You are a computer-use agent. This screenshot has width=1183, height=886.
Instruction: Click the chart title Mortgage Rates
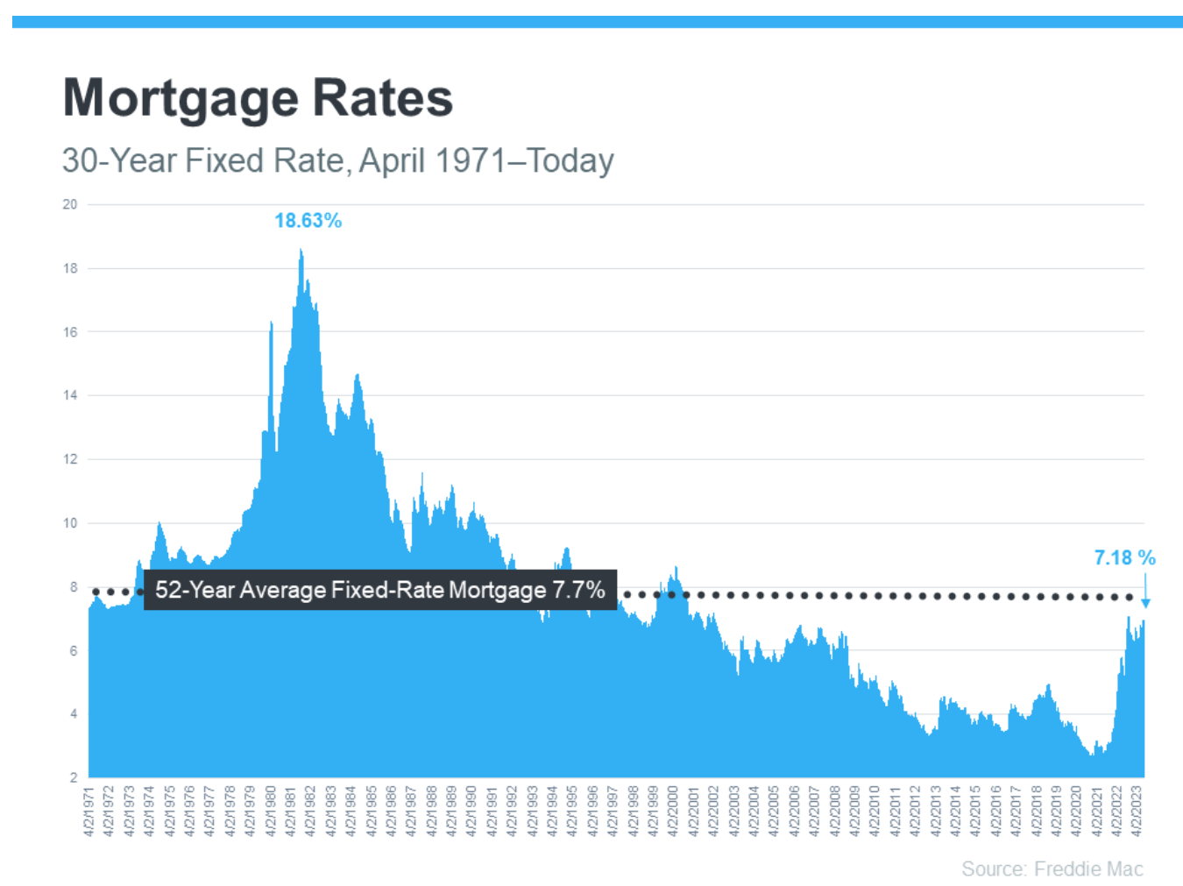point(258,97)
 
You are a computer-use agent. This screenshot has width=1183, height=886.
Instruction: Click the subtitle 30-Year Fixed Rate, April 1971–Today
point(337,160)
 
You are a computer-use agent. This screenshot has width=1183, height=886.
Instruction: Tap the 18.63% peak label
point(308,221)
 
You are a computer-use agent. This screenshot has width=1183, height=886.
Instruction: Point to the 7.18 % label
point(1124,557)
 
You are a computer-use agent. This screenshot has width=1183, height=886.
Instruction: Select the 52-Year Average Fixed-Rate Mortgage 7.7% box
point(379,590)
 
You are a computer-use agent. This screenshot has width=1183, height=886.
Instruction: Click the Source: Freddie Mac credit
point(1052,868)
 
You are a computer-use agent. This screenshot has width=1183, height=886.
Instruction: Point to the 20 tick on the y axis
point(70,204)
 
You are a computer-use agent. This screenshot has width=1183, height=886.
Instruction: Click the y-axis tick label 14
point(70,395)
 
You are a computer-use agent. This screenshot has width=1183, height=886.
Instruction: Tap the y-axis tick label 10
point(70,523)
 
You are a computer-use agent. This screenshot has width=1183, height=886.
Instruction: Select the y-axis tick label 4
point(74,714)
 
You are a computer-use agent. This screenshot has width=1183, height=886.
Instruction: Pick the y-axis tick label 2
point(74,777)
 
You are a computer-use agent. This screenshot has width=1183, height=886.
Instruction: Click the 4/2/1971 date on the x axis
point(89,811)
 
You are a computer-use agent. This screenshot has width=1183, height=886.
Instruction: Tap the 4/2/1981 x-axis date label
point(291,811)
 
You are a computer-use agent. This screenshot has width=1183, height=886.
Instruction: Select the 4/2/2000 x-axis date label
point(673,811)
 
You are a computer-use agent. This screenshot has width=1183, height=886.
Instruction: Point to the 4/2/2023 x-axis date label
point(1137,811)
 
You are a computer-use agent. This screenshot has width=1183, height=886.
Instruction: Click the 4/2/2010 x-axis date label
point(875,811)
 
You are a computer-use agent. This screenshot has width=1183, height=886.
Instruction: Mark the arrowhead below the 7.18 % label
point(1145,604)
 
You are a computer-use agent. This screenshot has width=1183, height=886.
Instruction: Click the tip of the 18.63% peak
point(301,251)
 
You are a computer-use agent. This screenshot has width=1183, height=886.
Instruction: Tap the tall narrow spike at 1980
point(272,324)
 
